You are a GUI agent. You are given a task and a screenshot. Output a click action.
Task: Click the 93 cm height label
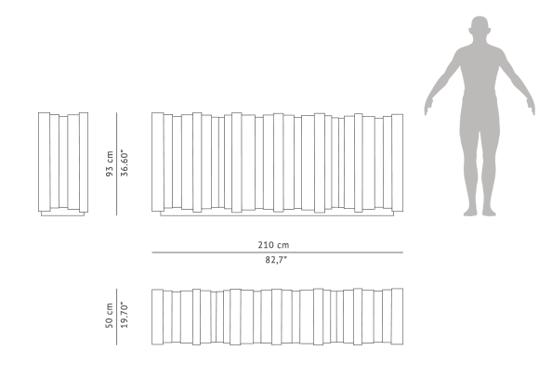[x=110, y=163]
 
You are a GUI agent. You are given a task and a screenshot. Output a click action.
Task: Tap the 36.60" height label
[x=125, y=163]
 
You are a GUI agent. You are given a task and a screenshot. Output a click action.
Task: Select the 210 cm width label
[x=273, y=245]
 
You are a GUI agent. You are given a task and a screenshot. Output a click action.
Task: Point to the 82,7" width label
[x=276, y=260]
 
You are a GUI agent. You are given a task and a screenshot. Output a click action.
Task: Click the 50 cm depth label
[x=110, y=316]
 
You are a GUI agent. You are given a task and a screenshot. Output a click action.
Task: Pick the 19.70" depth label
[x=125, y=315]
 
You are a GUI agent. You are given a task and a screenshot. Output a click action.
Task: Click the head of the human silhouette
[x=480, y=29]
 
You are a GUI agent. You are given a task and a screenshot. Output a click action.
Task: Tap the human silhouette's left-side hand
[x=428, y=106]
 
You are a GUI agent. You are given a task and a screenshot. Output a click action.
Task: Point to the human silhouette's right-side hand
[x=531, y=106]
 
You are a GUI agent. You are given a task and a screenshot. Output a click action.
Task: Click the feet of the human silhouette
[x=480, y=212]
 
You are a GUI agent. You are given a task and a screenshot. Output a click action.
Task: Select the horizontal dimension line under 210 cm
[x=278, y=253]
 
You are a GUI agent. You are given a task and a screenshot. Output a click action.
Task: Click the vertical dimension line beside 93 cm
[x=116, y=163]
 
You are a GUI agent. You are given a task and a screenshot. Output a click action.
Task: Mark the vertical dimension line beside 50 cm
[x=116, y=317]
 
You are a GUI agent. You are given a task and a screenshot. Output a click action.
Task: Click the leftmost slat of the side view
[x=44, y=162]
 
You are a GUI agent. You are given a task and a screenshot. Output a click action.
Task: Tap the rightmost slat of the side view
[x=84, y=162]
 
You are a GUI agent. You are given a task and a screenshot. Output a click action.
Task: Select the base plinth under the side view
[x=62, y=214]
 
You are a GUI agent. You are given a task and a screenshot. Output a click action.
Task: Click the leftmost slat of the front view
[x=158, y=162]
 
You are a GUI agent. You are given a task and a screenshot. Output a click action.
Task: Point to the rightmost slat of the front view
[x=398, y=162]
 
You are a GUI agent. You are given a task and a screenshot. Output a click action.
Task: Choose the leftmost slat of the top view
[x=157, y=317]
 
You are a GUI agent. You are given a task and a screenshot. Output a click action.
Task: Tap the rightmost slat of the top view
[x=398, y=317]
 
